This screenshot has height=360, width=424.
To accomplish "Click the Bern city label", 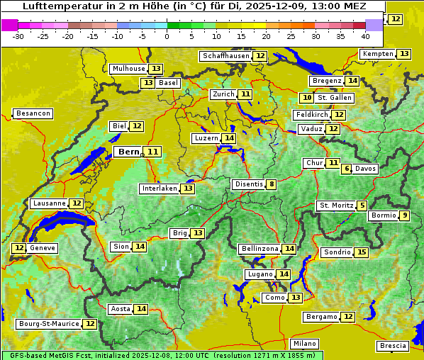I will tap(128, 152).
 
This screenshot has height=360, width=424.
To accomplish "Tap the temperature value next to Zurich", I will tap(245, 94).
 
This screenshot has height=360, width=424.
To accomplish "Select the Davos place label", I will tap(366, 169).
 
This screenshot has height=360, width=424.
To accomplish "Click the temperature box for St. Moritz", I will tap(362, 206).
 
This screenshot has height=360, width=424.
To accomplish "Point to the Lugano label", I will tap(260, 274).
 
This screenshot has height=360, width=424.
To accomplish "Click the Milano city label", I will tap(306, 343).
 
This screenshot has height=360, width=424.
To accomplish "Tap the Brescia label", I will tap(394, 346).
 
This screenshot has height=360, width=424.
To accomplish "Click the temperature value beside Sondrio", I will tap(362, 252).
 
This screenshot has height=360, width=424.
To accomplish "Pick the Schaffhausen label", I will tap(225, 56).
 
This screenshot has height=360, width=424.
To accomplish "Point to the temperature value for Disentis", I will tap(271, 184).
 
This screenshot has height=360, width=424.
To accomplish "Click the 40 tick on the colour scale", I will tap(365, 36).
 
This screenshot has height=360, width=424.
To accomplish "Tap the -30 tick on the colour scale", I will tap(18, 36).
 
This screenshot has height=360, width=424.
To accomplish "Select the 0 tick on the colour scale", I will tap(167, 36).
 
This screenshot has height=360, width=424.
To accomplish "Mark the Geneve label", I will tap(43, 248).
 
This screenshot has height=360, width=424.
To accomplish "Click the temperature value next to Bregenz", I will tap(352, 81).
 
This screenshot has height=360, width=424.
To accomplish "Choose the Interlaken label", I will tap(159, 189).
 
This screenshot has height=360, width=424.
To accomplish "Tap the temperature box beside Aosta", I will tap(142, 309).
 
